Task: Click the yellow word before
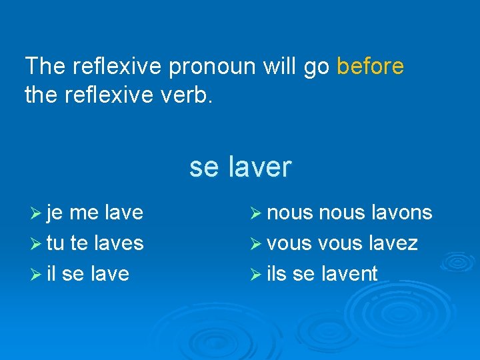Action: (x=370, y=67)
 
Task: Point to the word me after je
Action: (x=84, y=213)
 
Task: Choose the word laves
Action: (x=119, y=243)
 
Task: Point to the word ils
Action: (x=276, y=273)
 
